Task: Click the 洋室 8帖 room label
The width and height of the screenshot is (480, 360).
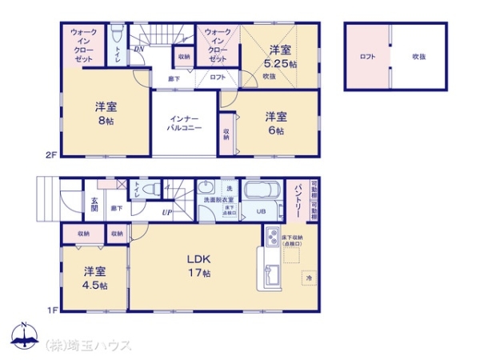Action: pyautogui.click(x=104, y=112)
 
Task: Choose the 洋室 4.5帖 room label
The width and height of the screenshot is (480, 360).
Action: pyautogui.click(x=94, y=278)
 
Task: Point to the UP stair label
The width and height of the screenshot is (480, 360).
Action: pyautogui.click(x=166, y=213)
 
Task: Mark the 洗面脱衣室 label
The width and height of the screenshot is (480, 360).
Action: pyautogui.click(x=217, y=200)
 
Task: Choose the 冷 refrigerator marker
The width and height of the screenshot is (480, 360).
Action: pyautogui.click(x=308, y=278)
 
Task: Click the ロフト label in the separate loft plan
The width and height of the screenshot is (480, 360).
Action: pyautogui.click(x=367, y=57)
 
